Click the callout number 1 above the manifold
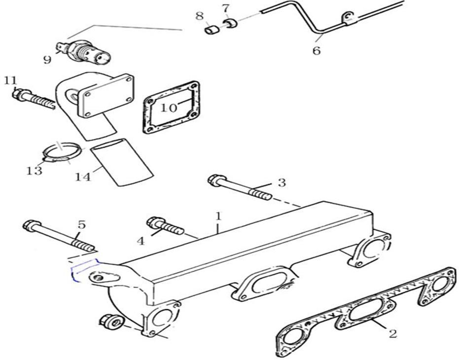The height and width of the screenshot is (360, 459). coord(218,216)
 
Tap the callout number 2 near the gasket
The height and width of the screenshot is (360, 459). coord(392,333)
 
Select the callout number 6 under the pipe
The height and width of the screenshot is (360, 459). coord(317,51)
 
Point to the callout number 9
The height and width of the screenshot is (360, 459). coord(47,60)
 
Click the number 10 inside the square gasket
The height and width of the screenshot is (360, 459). coord(169,108)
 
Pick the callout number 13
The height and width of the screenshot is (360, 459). coord(34,171)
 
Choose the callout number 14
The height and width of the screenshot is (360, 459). coord(83,177)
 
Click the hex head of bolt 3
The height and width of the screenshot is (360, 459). coord(217,180)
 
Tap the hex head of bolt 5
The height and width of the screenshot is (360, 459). coord(31,226)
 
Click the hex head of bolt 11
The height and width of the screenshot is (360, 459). coord(18,94)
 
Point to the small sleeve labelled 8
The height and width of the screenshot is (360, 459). coord(212,30)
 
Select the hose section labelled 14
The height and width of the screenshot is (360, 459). coord(121,162)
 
